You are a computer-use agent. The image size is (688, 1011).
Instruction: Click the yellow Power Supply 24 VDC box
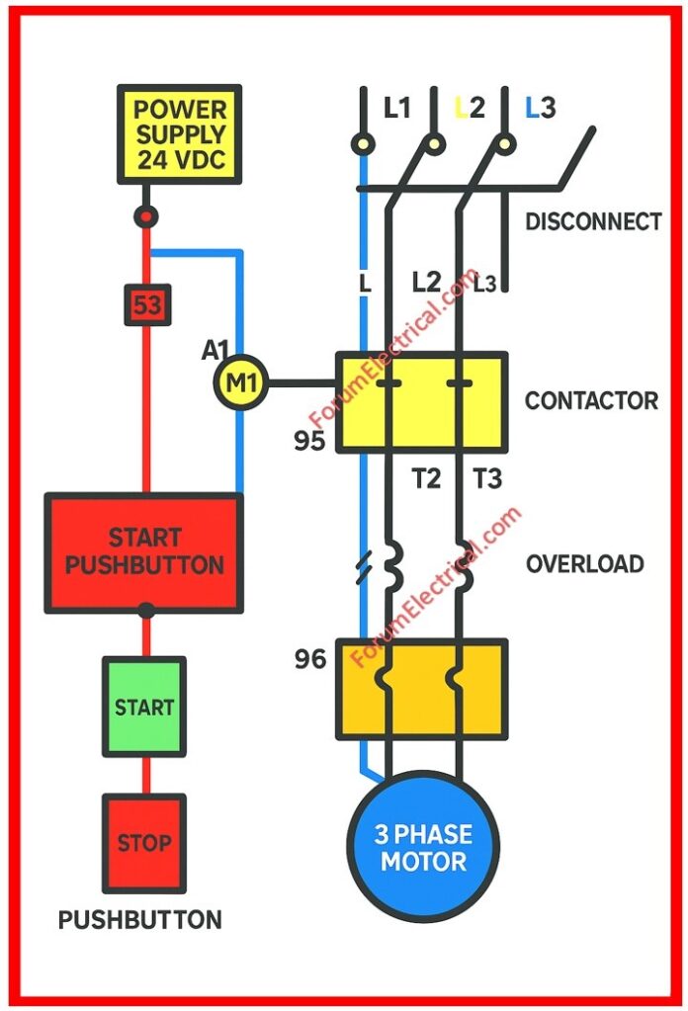tap(179, 133)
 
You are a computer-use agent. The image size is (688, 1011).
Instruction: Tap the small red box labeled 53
tap(146, 306)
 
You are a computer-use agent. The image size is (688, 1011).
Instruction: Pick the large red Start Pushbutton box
tap(144, 552)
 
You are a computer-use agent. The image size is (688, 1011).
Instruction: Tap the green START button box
tap(144, 708)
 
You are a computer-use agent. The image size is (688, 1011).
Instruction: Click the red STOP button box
tap(144, 843)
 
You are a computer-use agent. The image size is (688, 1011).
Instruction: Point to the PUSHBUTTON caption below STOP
tap(140, 920)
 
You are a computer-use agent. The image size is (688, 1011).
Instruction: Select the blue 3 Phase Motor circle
tap(423, 847)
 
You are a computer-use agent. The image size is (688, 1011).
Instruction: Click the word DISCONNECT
tap(593, 221)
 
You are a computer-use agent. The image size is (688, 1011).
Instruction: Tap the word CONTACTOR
tap(591, 400)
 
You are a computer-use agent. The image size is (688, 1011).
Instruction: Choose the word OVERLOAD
tap(585, 564)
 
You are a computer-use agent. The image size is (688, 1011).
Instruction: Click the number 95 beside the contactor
tap(309, 441)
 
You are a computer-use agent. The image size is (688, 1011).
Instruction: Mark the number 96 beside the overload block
tap(309, 658)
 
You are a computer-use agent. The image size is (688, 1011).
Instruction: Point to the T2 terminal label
tap(426, 479)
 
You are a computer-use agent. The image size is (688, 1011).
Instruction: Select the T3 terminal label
tap(486, 479)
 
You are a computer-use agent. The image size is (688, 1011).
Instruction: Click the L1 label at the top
tap(396, 108)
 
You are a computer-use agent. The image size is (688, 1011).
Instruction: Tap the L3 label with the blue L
tap(541, 108)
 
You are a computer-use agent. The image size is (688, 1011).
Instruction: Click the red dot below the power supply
tap(146, 215)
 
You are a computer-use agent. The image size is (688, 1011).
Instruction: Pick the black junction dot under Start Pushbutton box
tap(146, 612)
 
